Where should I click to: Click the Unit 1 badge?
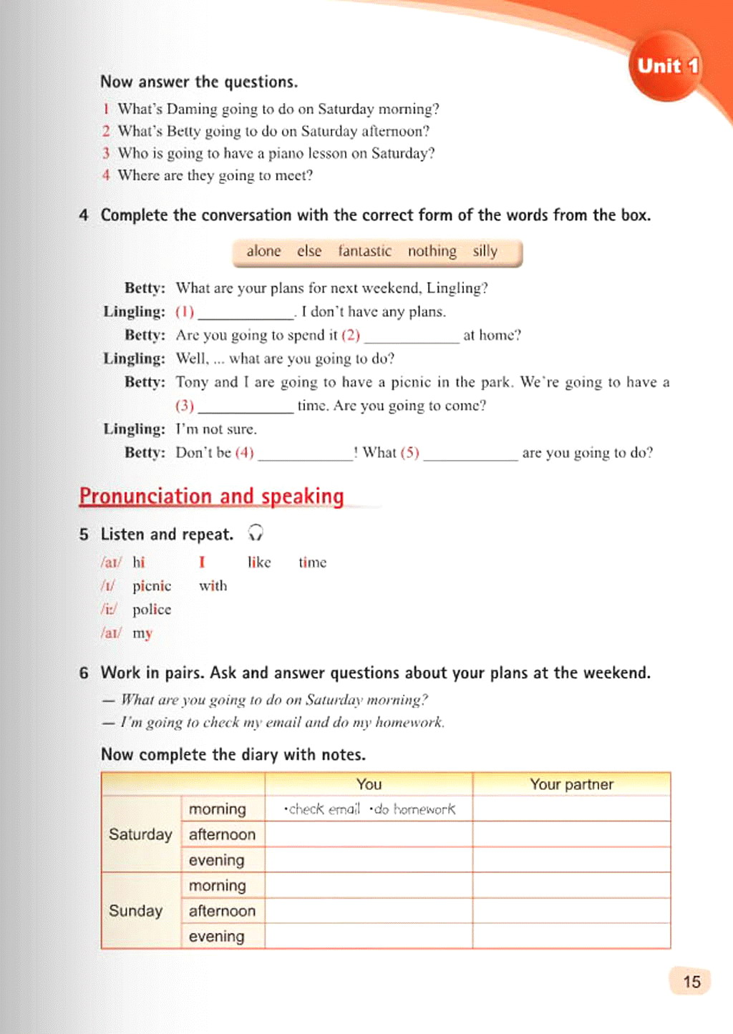pyautogui.click(x=666, y=67)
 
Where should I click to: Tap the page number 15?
pyautogui.click(x=691, y=981)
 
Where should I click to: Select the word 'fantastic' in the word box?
pyautogui.click(x=364, y=251)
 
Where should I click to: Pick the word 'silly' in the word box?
pyautogui.click(x=485, y=251)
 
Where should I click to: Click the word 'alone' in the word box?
pyautogui.click(x=263, y=251)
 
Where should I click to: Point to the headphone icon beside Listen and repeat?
pyautogui.click(x=256, y=533)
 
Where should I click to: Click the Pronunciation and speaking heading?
pyautogui.click(x=211, y=496)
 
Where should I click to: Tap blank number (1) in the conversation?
pyautogui.click(x=246, y=313)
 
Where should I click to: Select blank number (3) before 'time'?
pyautogui.click(x=246, y=406)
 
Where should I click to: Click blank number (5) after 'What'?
pyautogui.click(x=470, y=454)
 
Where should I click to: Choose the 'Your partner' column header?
pyautogui.click(x=571, y=784)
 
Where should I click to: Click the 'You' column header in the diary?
pyautogui.click(x=369, y=784)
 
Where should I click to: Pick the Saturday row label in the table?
pyautogui.click(x=140, y=834)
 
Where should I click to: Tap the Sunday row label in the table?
pyautogui.click(x=135, y=911)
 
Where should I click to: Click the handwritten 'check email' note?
pyautogui.click(x=323, y=809)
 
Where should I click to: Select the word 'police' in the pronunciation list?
pyautogui.click(x=152, y=610)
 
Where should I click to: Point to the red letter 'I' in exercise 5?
pyautogui.click(x=202, y=562)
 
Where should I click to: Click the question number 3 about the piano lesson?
pyautogui.click(x=106, y=153)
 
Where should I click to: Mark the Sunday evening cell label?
pyautogui.click(x=216, y=937)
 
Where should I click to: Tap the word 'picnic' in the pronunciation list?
pyautogui.click(x=152, y=586)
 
